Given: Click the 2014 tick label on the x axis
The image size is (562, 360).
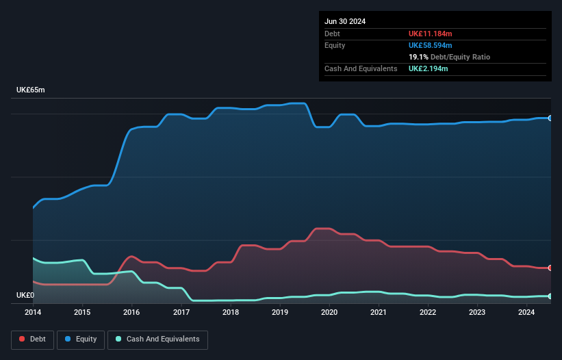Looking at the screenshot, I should click(x=33, y=312).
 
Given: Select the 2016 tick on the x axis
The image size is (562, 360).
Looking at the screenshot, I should click(x=131, y=312).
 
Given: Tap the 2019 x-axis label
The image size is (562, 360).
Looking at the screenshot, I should click(x=279, y=312).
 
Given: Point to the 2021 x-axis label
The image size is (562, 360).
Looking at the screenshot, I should click(x=379, y=312).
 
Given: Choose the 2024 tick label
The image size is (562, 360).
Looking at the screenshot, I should click(x=526, y=312).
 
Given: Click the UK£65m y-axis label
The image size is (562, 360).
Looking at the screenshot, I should click(x=30, y=90).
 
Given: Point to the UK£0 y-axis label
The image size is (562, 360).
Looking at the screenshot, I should click(x=25, y=296).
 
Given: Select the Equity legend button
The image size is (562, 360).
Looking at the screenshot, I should click(x=81, y=339).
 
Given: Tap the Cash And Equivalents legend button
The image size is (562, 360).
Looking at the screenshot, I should click(x=157, y=339).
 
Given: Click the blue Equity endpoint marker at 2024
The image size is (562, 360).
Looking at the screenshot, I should click(x=550, y=118).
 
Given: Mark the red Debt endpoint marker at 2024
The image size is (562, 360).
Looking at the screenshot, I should click(x=550, y=268).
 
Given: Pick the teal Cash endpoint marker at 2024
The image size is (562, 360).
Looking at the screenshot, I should click(x=550, y=296).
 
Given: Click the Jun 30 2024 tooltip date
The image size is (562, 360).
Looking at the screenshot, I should click(x=345, y=21).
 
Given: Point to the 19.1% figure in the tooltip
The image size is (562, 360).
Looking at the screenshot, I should click(x=418, y=57).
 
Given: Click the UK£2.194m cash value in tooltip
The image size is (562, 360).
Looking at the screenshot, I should click(x=428, y=68).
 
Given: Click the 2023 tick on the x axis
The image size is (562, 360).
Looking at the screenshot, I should click(x=477, y=312).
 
